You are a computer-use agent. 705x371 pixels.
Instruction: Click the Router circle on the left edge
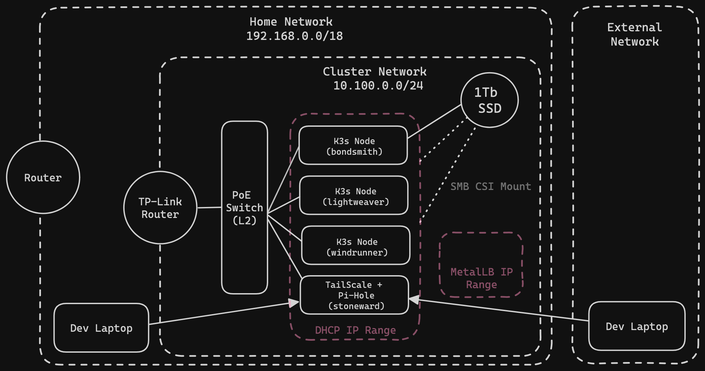(43, 177)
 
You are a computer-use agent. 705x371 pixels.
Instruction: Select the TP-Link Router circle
(160, 208)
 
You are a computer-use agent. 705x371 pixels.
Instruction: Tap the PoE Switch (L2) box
(245, 208)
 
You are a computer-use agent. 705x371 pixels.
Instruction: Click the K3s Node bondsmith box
(353, 146)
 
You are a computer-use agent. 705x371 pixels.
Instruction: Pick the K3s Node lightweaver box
(354, 196)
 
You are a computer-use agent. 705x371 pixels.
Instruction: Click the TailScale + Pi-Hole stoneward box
(354, 295)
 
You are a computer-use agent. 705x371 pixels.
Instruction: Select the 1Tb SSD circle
(489, 100)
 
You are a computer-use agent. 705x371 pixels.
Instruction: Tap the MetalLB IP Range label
(481, 278)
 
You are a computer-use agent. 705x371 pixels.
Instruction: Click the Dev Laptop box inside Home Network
(101, 328)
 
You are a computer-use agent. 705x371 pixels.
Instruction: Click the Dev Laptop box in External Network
(637, 326)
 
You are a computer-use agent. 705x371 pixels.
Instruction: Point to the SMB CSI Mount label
(491, 186)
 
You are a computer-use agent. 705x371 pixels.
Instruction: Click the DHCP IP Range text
(355, 330)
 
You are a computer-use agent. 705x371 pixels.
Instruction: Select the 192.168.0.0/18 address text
(295, 36)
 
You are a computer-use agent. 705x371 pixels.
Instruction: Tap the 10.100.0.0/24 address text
(378, 86)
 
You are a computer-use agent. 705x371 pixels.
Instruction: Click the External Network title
(634, 34)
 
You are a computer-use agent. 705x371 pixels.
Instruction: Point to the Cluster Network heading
(374, 72)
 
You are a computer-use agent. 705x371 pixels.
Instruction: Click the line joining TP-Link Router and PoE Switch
(209, 208)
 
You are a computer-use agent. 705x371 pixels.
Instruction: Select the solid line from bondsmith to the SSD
(434, 121)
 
